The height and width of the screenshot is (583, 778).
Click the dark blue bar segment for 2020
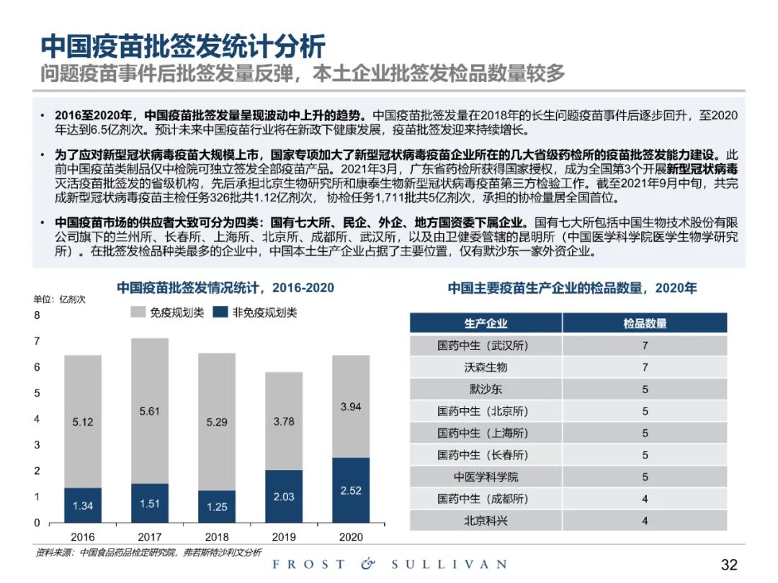350,489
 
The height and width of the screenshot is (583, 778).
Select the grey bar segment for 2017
150,410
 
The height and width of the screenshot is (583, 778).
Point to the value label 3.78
284,422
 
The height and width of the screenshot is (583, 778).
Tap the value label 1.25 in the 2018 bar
217,507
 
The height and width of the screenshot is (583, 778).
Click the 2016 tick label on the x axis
83,537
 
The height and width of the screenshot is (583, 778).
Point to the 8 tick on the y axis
37,315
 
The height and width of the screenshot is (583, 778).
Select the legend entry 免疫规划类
168,312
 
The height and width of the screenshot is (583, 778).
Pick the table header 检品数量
645,323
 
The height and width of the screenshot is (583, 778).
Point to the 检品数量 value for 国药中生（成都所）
645,498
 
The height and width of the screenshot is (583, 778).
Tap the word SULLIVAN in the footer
449,564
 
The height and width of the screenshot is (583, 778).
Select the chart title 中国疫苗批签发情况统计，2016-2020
225,288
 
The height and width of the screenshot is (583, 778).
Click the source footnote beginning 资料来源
148,553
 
